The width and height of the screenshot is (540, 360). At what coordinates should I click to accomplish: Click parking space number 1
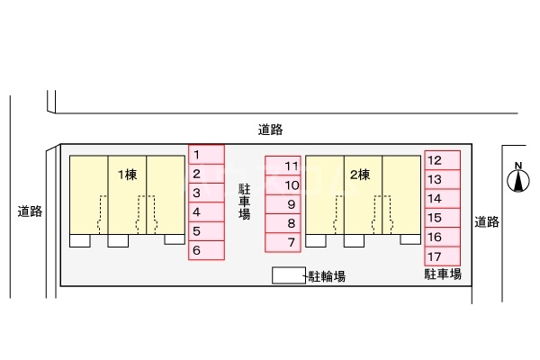click(x=205, y=155)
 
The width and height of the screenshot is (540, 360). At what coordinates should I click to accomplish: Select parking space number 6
click(x=205, y=251)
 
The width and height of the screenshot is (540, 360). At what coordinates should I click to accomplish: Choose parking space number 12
click(x=442, y=160)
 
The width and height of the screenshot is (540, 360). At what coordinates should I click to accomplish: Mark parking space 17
click(x=442, y=256)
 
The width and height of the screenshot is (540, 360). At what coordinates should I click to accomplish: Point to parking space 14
click(x=442, y=198)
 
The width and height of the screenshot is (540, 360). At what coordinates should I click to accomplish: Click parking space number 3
click(x=205, y=193)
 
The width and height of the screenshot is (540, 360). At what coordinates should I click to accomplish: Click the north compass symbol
click(x=518, y=181)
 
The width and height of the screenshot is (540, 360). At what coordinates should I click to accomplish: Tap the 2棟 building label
click(x=360, y=175)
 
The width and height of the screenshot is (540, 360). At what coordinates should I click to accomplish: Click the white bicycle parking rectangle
click(x=289, y=276)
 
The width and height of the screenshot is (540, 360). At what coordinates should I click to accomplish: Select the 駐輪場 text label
click(x=327, y=277)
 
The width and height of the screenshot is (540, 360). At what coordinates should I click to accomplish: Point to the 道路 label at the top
click(x=270, y=130)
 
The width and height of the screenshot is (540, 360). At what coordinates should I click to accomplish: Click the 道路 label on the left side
click(x=30, y=212)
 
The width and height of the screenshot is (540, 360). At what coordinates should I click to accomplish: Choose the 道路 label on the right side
click(x=487, y=221)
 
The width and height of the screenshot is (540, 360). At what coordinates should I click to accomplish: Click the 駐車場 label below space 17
click(x=443, y=273)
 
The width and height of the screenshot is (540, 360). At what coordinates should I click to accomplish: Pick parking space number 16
click(x=442, y=237)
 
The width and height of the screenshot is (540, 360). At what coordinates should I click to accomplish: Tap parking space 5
click(x=205, y=232)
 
